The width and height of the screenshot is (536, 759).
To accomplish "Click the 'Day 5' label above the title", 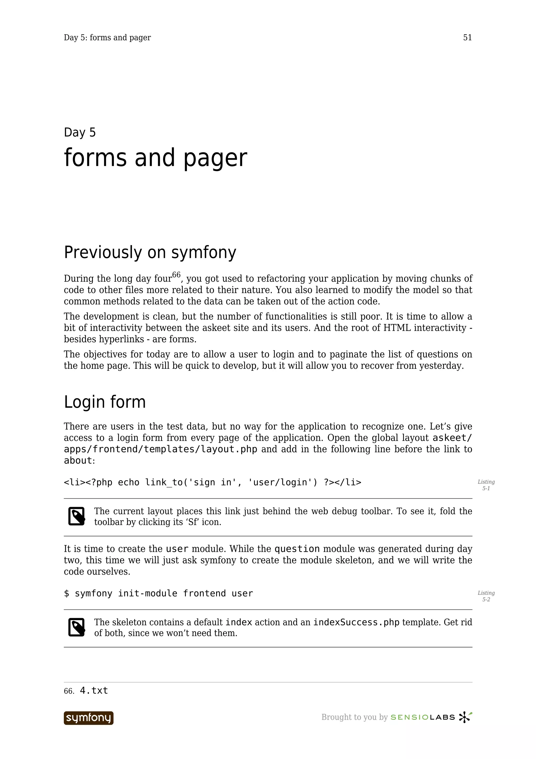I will point(80,132).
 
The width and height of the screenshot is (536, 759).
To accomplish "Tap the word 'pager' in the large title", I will point(215,158).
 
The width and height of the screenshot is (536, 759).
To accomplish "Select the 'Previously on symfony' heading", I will point(150,252).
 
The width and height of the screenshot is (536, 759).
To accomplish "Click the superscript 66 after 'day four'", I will point(176,275).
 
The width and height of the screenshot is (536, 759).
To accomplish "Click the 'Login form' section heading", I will point(105,402).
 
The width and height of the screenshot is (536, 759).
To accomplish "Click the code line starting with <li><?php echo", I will point(212,482).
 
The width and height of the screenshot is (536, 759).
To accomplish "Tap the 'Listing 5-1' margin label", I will point(486,485).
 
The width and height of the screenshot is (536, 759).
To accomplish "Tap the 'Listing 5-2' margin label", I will point(486,596).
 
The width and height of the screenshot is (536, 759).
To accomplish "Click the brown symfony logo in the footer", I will point(88,718).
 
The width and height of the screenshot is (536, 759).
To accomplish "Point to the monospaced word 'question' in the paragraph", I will point(297,549).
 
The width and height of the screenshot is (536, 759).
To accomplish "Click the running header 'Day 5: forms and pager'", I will point(107,38).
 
